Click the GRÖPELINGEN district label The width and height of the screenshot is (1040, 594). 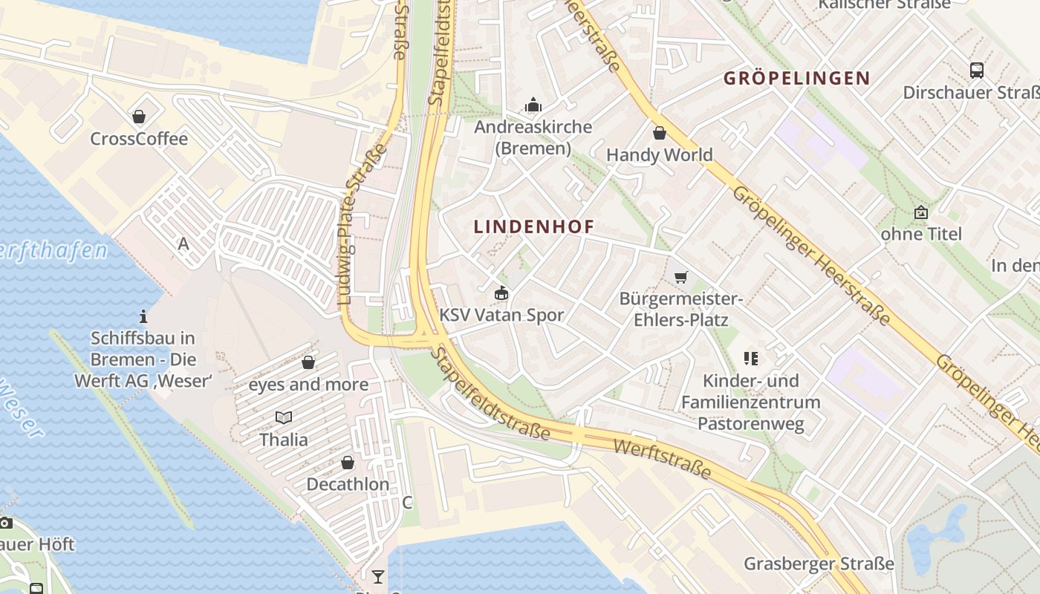pos(796,78)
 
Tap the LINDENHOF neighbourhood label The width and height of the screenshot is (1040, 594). pos(534,227)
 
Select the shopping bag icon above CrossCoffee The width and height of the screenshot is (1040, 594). pos(139,117)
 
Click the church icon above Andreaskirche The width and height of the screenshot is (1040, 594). pos(533,105)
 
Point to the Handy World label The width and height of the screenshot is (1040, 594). pos(659,155)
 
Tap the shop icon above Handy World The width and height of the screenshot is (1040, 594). pos(659,133)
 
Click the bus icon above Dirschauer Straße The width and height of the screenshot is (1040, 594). pos(976,71)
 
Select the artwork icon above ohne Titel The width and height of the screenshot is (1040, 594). pos(921,212)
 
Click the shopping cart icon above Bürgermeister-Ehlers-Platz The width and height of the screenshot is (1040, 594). pos(680,278)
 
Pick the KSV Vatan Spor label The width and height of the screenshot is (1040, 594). pos(501,315)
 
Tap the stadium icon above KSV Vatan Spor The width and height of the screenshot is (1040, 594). pos(501,293)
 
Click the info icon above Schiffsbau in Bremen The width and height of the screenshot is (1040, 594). pos(143,316)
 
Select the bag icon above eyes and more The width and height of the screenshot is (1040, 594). pos(308,362)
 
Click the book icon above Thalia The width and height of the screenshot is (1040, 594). pos(283,417)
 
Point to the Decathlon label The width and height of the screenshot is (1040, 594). pos(348,484)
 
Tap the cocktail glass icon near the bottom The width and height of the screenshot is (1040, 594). pos(378,576)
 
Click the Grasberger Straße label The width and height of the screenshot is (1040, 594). pos(819,564)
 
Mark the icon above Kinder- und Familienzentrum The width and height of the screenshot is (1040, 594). pos(750,359)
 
